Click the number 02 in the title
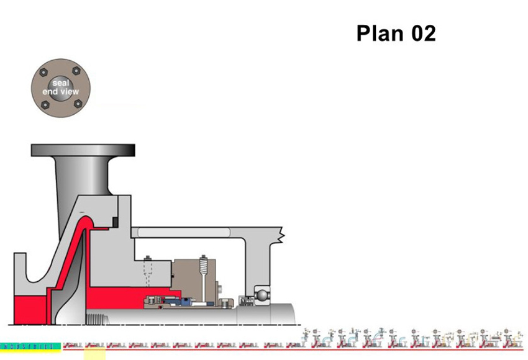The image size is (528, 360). (x=422, y=34)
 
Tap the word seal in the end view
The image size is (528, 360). (x=61, y=84)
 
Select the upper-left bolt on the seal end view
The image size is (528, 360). (x=44, y=72)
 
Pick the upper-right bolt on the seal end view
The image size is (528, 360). (x=77, y=71)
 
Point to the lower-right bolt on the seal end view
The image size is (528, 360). (x=78, y=104)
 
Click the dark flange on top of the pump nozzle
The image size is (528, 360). (x=83, y=150)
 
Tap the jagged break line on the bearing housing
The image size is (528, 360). (x=283, y=235)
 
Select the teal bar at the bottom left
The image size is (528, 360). (x=30, y=346)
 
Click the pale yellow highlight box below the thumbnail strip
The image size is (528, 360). (x=94, y=354)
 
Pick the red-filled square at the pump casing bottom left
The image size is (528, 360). (x=30, y=308)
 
